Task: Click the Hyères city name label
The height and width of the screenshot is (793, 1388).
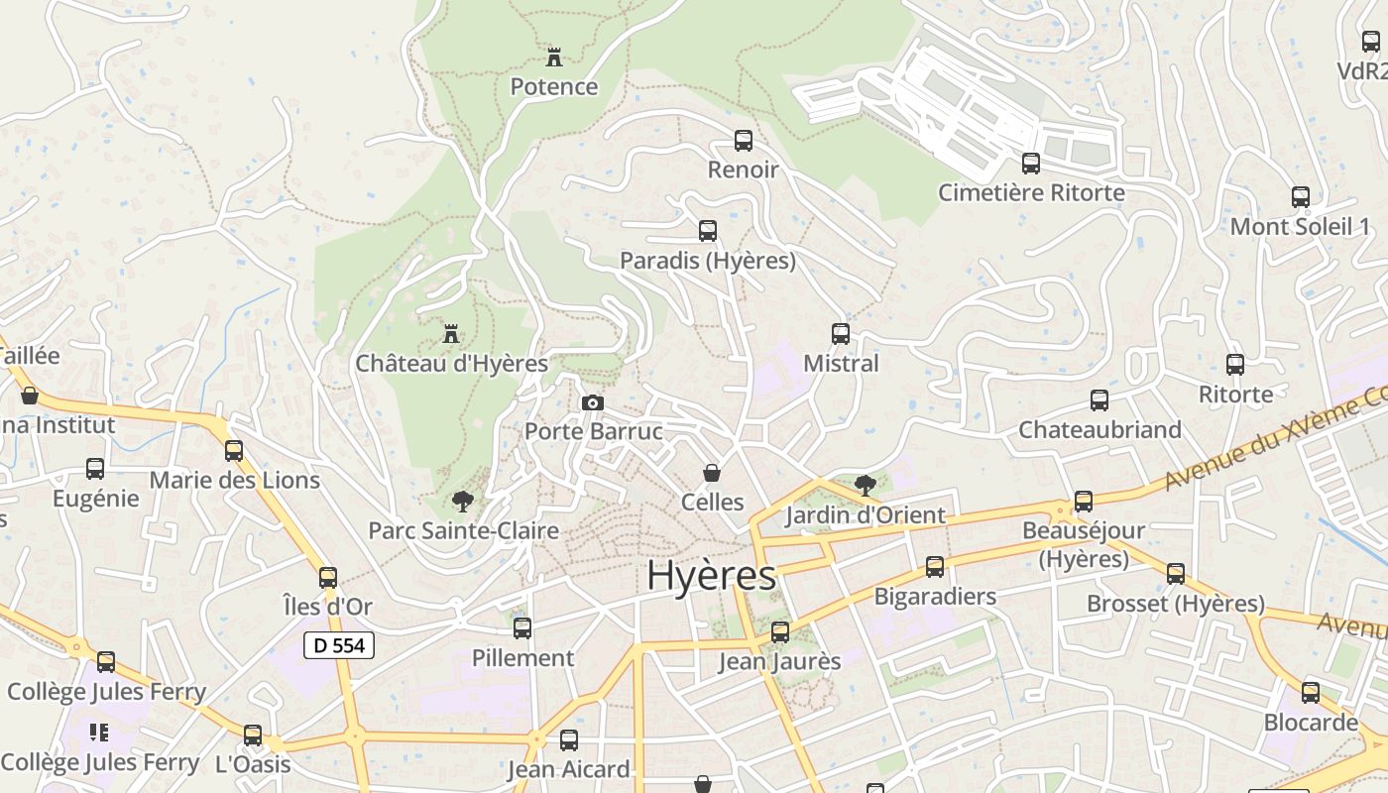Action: click(x=711, y=576)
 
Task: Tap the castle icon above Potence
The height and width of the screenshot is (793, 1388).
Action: click(x=554, y=57)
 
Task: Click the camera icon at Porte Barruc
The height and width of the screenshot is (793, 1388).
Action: click(x=593, y=402)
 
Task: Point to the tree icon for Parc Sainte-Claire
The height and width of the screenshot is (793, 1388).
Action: click(x=461, y=501)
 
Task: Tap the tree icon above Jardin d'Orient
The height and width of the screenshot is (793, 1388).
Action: click(x=865, y=485)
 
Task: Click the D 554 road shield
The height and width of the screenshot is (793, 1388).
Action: click(x=339, y=645)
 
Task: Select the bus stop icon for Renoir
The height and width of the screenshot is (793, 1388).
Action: click(x=744, y=141)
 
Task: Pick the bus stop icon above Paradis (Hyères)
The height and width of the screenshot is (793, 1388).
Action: click(x=708, y=231)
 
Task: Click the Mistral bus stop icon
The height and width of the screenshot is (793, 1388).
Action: click(x=841, y=334)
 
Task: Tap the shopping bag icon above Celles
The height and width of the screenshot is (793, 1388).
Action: click(x=711, y=473)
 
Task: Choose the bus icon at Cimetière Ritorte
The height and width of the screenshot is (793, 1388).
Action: click(x=1031, y=164)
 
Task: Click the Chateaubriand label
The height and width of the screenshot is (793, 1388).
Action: click(x=1100, y=430)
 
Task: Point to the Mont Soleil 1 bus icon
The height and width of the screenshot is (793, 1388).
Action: click(x=1301, y=197)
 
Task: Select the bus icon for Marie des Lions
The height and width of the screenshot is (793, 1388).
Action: click(x=234, y=451)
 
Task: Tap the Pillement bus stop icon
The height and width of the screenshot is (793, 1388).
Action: click(x=522, y=628)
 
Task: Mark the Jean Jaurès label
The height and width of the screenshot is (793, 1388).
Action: click(x=779, y=661)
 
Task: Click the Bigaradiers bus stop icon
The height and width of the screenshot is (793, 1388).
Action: click(x=935, y=567)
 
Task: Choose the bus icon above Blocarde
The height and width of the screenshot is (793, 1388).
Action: click(x=1311, y=693)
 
